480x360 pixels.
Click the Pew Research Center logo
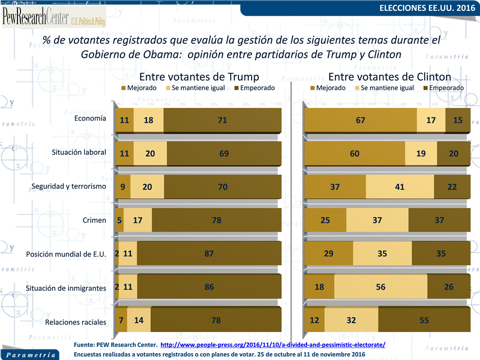(54, 17)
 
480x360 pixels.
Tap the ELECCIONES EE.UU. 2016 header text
(427, 8)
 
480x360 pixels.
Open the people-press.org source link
(273, 345)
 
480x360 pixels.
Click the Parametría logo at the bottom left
(30, 355)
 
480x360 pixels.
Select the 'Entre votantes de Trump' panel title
(199, 76)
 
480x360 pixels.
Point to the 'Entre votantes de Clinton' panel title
(390, 76)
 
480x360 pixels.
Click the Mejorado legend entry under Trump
(139, 88)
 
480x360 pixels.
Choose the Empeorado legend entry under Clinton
(443, 88)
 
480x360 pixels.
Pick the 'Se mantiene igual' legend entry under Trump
(195, 88)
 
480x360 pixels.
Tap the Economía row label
(90, 118)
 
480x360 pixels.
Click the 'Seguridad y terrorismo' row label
(69, 186)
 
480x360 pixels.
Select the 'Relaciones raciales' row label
(75, 323)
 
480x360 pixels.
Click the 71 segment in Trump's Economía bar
(222, 120)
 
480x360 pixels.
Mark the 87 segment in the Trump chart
(209, 254)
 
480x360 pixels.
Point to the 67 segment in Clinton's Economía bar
(360, 120)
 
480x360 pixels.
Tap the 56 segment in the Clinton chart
(381, 287)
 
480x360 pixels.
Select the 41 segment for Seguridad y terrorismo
(400, 187)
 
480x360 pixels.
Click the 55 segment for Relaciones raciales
(424, 320)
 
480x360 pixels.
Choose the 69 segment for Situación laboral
(224, 153)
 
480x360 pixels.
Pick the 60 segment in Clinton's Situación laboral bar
(355, 153)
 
